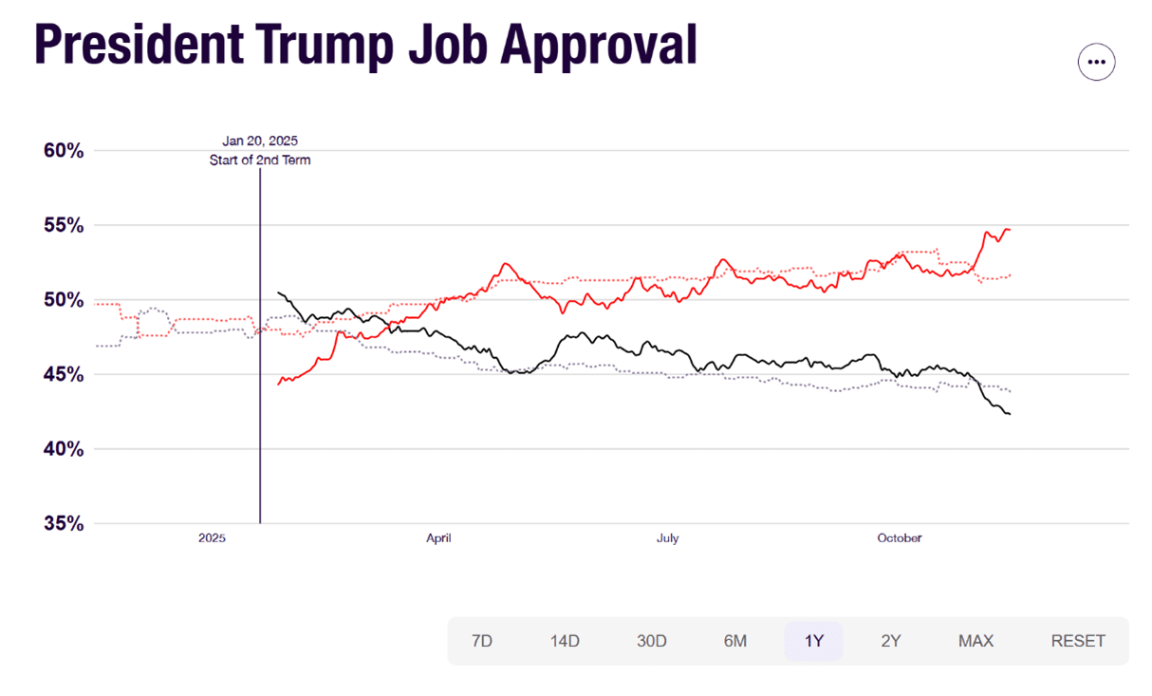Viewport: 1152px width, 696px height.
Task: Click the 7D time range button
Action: [482, 641]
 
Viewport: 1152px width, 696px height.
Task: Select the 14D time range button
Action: [565, 641]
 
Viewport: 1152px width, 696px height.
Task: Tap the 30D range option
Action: [652, 641]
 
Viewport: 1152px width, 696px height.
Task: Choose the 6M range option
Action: [735, 641]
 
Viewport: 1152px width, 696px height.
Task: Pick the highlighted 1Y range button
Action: [813, 641]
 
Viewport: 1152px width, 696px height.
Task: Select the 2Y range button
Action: [891, 641]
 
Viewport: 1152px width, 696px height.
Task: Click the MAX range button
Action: [975, 641]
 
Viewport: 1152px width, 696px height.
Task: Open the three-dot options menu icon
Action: [1096, 62]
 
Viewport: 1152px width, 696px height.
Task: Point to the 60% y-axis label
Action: [64, 151]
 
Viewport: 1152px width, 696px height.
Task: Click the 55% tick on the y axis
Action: [64, 226]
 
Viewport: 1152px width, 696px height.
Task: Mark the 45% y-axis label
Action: [64, 375]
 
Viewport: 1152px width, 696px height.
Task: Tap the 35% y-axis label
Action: [64, 524]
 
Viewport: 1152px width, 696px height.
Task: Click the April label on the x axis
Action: [438, 538]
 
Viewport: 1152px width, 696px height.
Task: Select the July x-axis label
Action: [668, 538]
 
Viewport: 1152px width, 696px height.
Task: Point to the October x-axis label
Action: [899, 538]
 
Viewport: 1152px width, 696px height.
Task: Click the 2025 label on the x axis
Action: [212, 538]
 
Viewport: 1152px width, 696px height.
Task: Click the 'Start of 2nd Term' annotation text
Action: [260, 160]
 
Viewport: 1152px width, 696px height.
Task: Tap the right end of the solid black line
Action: [1010, 414]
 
